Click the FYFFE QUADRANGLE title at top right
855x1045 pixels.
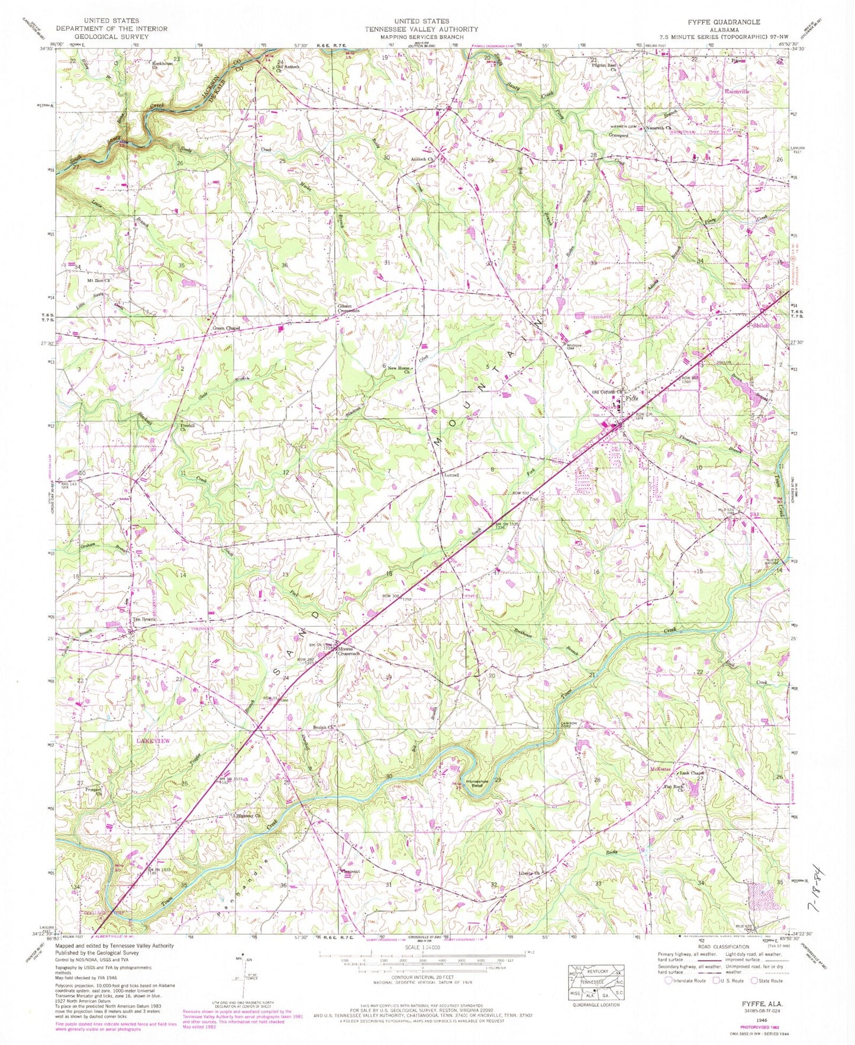[x=723, y=21]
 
